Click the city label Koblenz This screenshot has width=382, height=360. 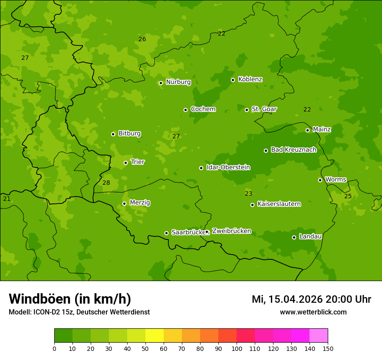(250, 79)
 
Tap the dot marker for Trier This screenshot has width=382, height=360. (126, 163)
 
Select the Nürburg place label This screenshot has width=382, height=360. (178, 82)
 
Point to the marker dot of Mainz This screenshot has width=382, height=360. (307, 130)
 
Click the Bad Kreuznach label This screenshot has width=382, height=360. (293, 150)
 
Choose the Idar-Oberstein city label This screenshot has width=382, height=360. (228, 167)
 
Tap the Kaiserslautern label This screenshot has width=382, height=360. (279, 204)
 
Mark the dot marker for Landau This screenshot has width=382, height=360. (294, 237)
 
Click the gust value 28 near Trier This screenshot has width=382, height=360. (106, 183)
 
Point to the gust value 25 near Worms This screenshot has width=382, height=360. (348, 196)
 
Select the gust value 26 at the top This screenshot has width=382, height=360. (142, 39)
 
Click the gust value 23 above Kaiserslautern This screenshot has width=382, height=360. (248, 193)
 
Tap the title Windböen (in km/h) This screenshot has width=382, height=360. (70, 299)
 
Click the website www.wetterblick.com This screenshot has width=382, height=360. (313, 312)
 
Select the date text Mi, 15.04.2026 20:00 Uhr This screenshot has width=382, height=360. (311, 299)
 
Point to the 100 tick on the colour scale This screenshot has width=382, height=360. (237, 348)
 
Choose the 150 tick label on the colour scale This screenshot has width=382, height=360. (328, 348)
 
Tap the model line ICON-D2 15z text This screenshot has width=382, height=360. (79, 312)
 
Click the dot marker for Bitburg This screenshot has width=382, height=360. (113, 134)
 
